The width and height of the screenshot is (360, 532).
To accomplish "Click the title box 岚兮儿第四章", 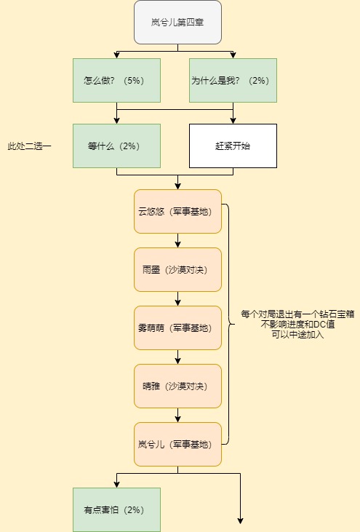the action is tap(177, 23).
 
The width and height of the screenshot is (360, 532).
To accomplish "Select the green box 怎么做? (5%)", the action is tap(116, 80).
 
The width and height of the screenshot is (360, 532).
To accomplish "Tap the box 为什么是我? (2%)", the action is tap(233, 80).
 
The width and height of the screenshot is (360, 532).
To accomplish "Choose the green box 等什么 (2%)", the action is tap(116, 146).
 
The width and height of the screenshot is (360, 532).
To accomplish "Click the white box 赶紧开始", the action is tap(233, 146).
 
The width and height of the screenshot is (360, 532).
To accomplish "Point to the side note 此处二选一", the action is tap(30, 146).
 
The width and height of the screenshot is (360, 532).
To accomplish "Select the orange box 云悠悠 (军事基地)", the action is tap(177, 211).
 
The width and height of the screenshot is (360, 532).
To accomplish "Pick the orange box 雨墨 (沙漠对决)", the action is tap(177, 270).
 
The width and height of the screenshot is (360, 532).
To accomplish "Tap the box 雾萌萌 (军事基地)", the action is tap(177, 327).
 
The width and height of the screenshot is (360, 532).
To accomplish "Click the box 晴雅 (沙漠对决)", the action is tap(177, 386).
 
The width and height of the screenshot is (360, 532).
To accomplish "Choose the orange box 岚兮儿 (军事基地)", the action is tap(177, 444).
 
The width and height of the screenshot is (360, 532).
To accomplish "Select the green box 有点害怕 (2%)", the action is tap(116, 509).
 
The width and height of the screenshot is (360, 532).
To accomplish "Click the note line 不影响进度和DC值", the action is tap(297, 325).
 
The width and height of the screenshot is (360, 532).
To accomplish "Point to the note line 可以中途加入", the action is tap(297, 335).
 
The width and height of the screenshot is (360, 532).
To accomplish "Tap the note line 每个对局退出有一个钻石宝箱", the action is tap(297, 314).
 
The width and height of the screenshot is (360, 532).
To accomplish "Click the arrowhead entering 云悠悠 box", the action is tap(177, 186).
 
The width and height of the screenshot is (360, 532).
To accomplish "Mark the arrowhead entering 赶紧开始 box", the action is tap(233, 121).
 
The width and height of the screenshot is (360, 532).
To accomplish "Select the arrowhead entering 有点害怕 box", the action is tap(116, 485).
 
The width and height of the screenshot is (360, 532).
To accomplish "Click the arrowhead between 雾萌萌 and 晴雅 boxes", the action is tap(177, 361).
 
